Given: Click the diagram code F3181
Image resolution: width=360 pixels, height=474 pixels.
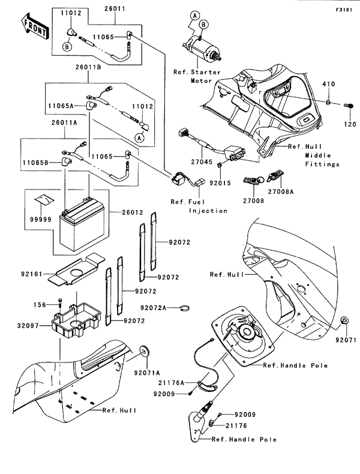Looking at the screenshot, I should (x=343, y=10).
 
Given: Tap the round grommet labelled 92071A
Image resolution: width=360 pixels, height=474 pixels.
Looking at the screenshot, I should (x=145, y=352).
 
